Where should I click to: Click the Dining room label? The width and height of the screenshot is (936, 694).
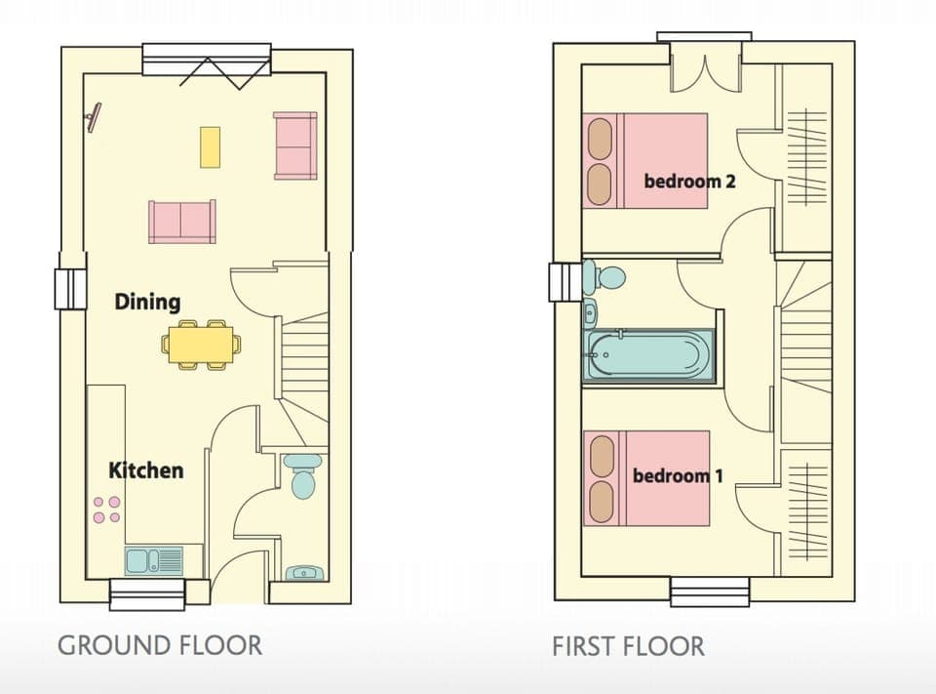[147, 302]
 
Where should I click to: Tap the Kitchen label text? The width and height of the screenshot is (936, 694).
[145, 470]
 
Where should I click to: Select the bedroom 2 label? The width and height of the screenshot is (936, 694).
[689, 181]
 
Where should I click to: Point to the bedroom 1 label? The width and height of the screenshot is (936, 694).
[678, 476]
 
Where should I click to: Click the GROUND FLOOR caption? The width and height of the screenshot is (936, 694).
[159, 645]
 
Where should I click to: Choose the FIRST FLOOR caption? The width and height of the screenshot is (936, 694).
[628, 646]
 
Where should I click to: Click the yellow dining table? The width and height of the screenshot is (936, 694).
[202, 344]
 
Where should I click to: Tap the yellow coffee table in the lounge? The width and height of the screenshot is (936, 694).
[210, 146]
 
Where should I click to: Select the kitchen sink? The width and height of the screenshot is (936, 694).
[153, 560]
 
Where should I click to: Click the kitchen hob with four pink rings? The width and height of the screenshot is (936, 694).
[106, 509]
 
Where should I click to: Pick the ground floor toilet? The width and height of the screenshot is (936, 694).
[303, 475]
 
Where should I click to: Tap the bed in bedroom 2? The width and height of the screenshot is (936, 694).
[645, 161]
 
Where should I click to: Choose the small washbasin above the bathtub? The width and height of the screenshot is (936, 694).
[591, 314]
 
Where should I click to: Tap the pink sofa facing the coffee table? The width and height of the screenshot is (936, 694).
[182, 221]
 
